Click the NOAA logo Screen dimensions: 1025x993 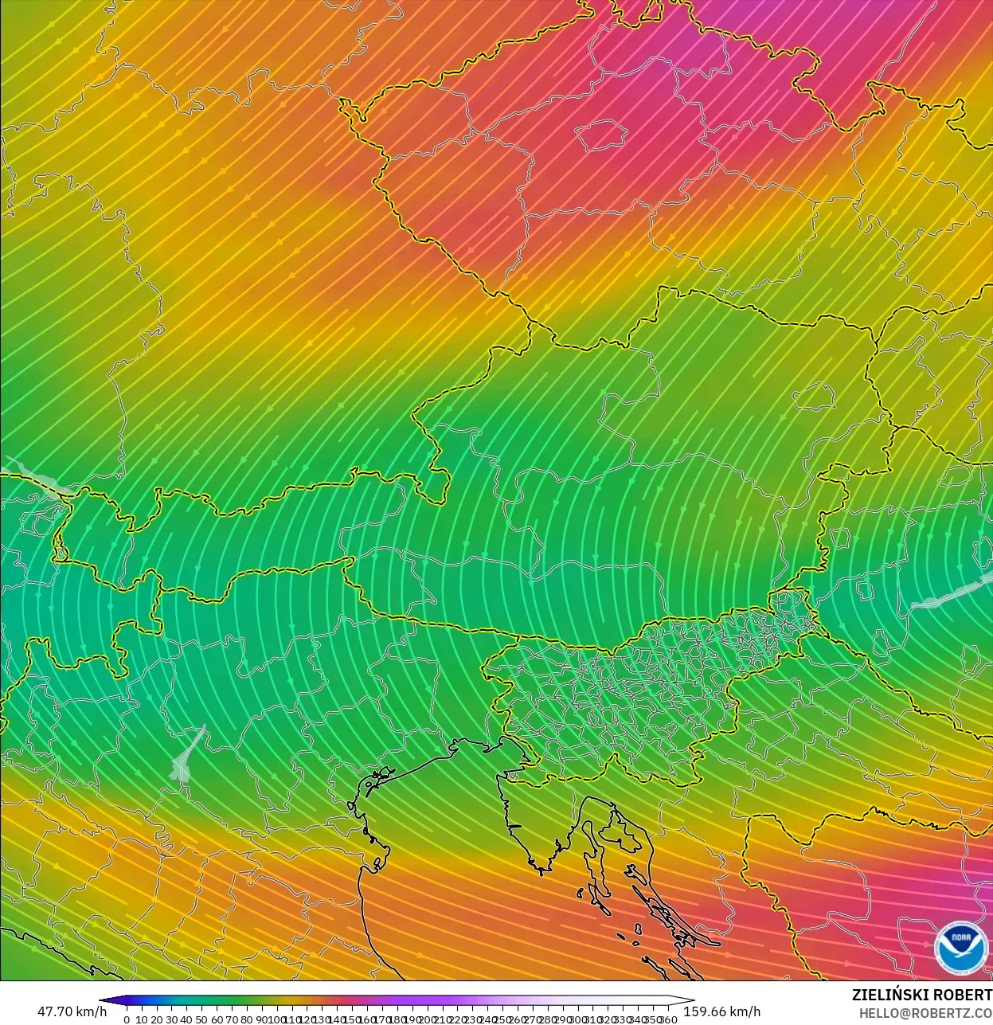(960, 948)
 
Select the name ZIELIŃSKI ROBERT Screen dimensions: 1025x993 (921, 995)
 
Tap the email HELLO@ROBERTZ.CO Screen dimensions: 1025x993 (925, 1013)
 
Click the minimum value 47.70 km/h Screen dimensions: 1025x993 (72, 1011)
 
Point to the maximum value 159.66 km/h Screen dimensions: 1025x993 (722, 1011)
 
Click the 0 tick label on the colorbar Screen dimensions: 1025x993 (127, 1019)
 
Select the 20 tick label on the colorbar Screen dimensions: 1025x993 (157, 1019)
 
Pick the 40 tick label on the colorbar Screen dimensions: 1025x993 (187, 1019)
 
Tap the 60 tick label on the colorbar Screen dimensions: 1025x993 (217, 1019)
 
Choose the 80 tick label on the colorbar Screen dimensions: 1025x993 (247, 1019)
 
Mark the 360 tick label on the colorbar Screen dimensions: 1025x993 (668, 1019)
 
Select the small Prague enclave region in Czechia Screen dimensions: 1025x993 (602, 135)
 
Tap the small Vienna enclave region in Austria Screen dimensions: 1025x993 (813, 396)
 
